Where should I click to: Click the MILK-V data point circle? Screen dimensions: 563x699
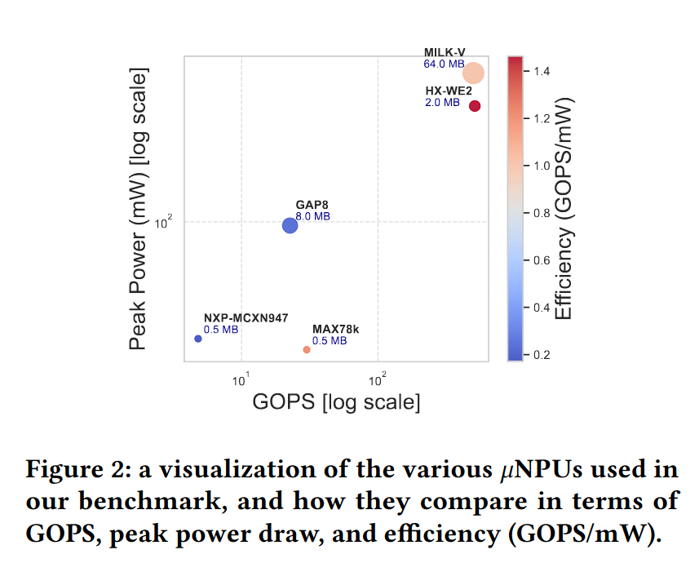(x=473, y=73)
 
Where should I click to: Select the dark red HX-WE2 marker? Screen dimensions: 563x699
(x=475, y=106)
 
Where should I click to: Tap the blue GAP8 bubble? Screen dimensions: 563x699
(x=290, y=225)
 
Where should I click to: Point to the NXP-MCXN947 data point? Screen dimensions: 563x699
(x=198, y=339)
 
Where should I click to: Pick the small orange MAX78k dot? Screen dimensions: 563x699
(x=307, y=350)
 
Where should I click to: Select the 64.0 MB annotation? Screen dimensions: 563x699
(x=444, y=64)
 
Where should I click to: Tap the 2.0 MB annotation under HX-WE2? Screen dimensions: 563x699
(x=442, y=103)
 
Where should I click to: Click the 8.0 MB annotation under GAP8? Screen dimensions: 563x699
(x=312, y=217)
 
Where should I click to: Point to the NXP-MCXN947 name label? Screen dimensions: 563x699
(x=246, y=318)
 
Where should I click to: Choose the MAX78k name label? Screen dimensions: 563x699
(x=335, y=330)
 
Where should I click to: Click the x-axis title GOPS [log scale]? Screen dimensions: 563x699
(x=336, y=402)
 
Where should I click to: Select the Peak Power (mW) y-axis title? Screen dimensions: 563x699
(x=138, y=210)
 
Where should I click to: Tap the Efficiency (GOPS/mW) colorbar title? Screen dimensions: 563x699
(x=564, y=210)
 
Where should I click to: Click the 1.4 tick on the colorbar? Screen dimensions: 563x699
(x=541, y=72)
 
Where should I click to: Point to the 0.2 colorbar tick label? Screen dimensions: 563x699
(x=541, y=355)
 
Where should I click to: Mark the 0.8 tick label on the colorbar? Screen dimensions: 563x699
(x=541, y=213)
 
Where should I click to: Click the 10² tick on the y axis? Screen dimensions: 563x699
(x=164, y=221)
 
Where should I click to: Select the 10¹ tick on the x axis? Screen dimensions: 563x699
(x=241, y=379)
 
